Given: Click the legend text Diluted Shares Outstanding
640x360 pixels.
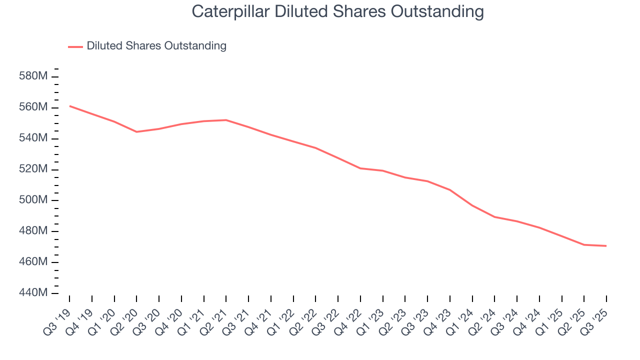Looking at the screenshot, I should pos(156,46).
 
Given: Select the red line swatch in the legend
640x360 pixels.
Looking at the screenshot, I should pos(75,47).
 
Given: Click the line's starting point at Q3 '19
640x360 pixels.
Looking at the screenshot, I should pos(69,105).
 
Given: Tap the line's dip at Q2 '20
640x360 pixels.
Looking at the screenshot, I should pos(137,132).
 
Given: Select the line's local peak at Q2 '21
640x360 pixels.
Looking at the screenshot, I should pos(226,120).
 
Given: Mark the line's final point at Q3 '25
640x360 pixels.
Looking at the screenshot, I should pos(606,246).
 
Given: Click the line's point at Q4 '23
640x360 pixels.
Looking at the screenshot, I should pos(450,190).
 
